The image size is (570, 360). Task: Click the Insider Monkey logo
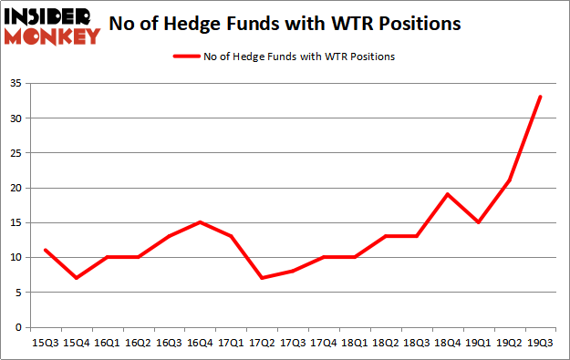pyautogui.click(x=52, y=26)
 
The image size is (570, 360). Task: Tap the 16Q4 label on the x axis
pyautogui.click(x=200, y=344)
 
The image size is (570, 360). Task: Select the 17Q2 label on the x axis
pyautogui.click(x=263, y=344)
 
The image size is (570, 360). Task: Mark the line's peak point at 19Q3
pyautogui.click(x=541, y=98)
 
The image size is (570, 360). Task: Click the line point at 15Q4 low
pyautogui.click(x=76, y=278)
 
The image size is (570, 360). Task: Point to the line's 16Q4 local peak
pyautogui.click(x=200, y=222)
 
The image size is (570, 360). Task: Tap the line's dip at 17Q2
pyautogui.click(x=262, y=278)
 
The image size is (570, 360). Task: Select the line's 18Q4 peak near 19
pyautogui.click(x=448, y=194)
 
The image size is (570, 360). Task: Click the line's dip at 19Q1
pyautogui.click(x=479, y=222)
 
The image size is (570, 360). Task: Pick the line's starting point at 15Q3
pyautogui.click(x=45, y=251)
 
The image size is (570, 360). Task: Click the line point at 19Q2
pyautogui.click(x=510, y=180)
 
